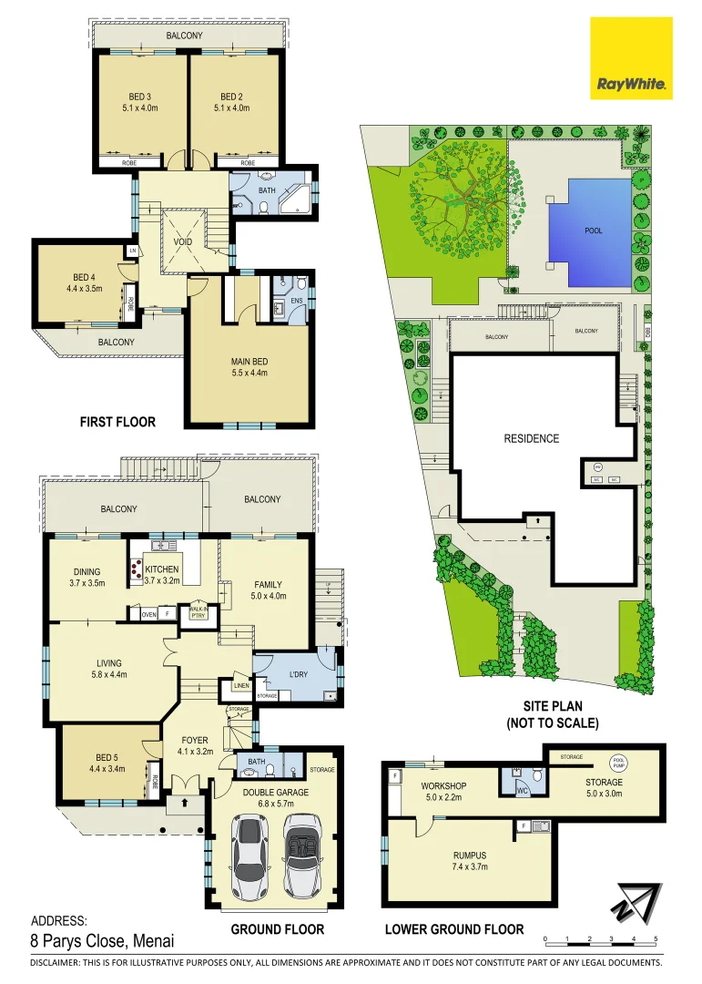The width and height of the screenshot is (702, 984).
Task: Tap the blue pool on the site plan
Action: click(596, 231)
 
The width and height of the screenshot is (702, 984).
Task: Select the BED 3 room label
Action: click(140, 96)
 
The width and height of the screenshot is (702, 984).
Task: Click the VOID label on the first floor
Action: click(183, 243)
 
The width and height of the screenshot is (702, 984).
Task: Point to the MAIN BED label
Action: click(249, 361)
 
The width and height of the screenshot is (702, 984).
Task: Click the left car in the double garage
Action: click(249, 856)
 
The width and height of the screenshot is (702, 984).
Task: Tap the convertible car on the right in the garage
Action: click(302, 856)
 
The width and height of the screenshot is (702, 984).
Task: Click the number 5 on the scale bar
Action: click(656, 938)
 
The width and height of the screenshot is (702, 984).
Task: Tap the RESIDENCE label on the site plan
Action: click(531, 438)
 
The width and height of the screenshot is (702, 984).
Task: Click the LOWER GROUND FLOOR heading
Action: click(454, 928)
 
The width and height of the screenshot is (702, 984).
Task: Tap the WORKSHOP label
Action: click(443, 785)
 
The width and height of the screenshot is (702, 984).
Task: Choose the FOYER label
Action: click(194, 740)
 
